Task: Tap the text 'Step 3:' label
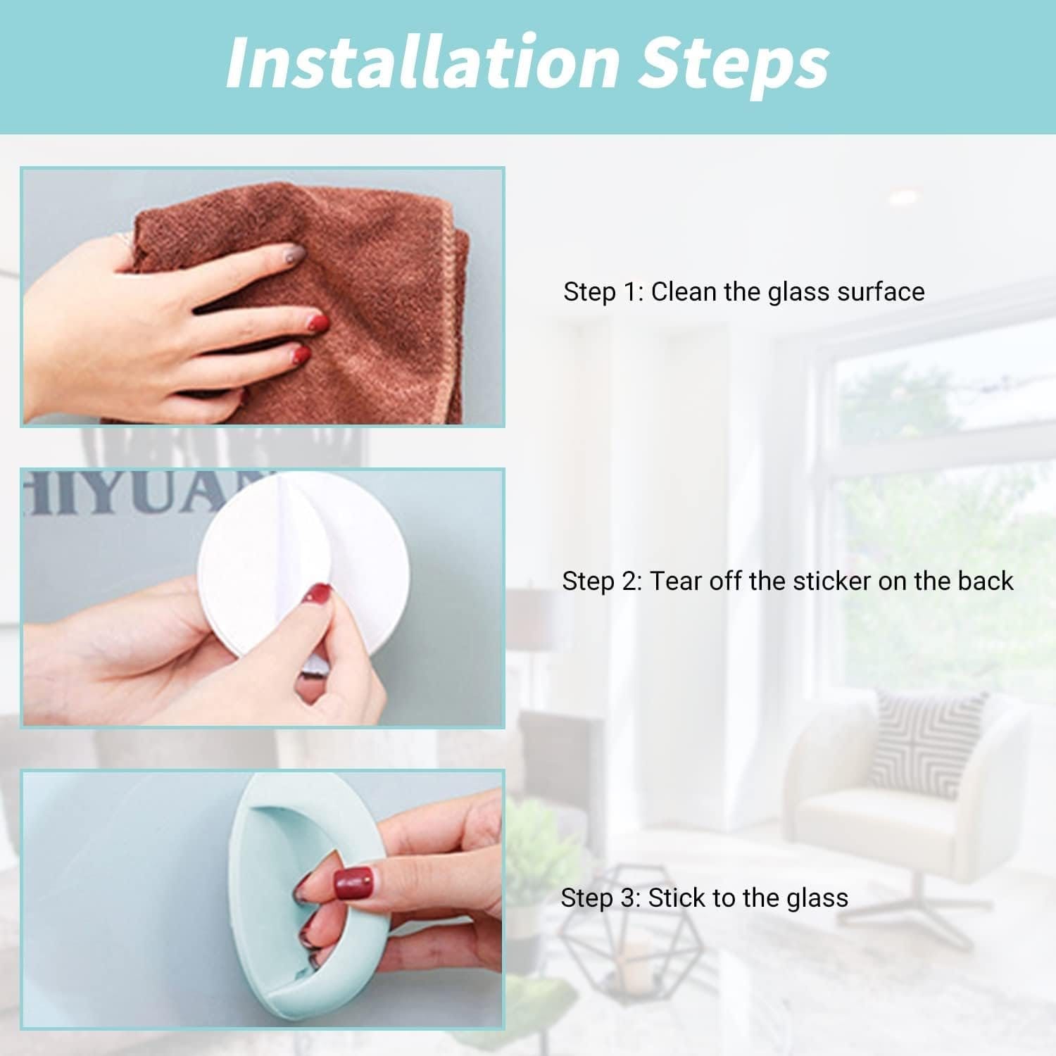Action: coord(601,898)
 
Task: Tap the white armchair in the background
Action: coord(908,796)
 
